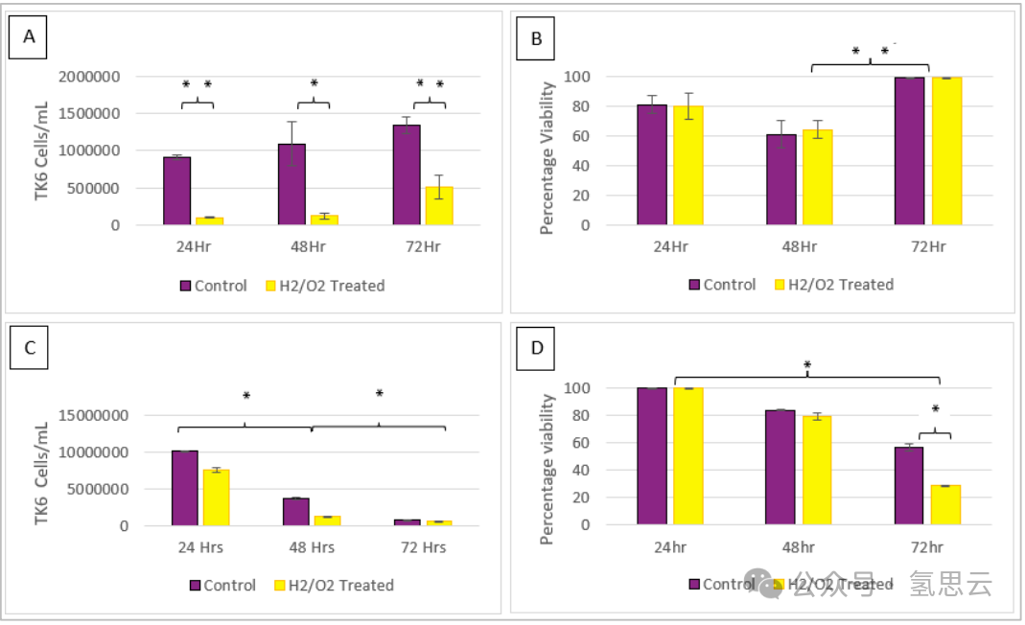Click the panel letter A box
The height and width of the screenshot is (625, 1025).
30,37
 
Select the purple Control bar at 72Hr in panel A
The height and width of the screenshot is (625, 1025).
407,175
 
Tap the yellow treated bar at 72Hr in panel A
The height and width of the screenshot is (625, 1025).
439,206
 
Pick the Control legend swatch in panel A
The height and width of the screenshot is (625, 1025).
185,286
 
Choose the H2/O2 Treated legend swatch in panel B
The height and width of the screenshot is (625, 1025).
780,285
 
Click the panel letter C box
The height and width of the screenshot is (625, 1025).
30,347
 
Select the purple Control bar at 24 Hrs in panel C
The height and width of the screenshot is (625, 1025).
184,488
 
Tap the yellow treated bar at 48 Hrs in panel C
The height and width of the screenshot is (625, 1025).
328,521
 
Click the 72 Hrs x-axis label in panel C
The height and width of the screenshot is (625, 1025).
423,547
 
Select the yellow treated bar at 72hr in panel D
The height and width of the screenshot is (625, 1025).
945,505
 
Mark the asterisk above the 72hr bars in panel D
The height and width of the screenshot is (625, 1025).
935,410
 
